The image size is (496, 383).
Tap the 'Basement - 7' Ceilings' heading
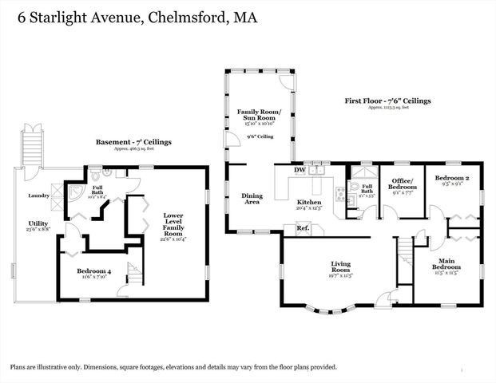[x=133, y=142]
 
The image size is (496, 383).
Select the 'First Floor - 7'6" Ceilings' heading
[x=388, y=101]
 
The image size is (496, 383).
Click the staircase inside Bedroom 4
[x=133, y=274]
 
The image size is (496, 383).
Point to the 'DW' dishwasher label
[x=299, y=170]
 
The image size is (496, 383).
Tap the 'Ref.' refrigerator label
[x=303, y=229]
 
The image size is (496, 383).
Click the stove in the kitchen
[x=340, y=194]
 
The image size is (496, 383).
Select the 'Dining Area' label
[x=252, y=199]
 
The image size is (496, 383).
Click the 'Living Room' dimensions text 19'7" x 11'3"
[x=342, y=276]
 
